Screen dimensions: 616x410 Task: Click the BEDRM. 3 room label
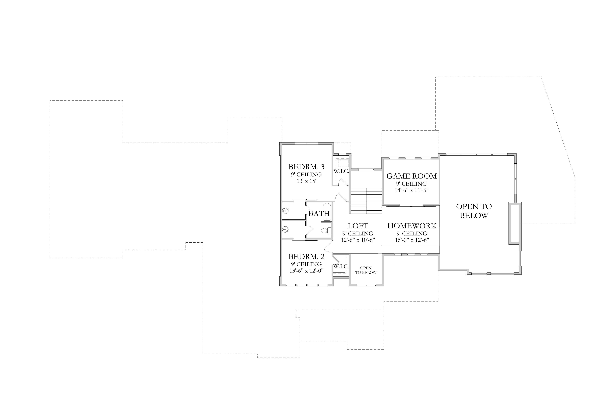tap(306, 167)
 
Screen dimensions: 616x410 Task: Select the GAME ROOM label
tap(412, 176)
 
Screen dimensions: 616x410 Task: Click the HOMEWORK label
tap(412, 226)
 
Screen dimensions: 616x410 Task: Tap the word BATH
tap(319, 214)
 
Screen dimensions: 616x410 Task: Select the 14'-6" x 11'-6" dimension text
tap(412, 190)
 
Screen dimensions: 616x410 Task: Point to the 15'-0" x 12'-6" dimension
tap(412, 240)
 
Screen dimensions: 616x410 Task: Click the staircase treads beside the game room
tap(366, 201)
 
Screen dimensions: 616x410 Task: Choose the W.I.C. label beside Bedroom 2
tap(341, 267)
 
